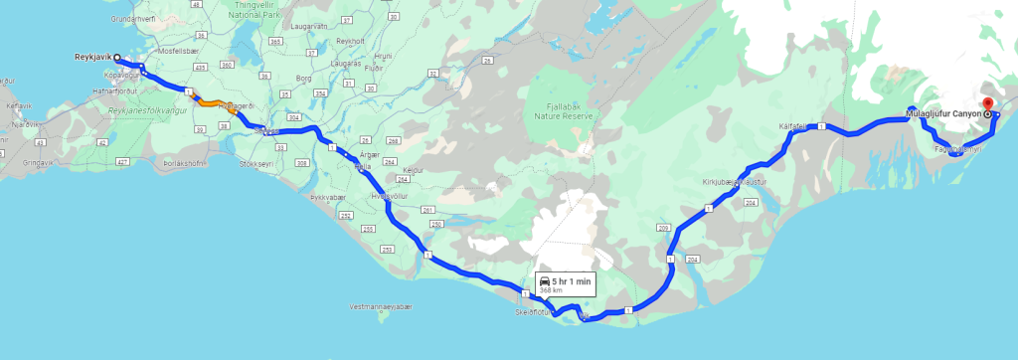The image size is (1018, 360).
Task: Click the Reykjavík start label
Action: (95, 57)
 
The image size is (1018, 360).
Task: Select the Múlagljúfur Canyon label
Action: (943, 115)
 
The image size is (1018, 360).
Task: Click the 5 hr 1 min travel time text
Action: (572, 282)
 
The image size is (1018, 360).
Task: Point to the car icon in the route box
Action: (546, 282)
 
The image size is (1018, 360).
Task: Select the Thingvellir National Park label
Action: (256, 11)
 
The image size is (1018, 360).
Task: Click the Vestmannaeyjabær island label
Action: (382, 307)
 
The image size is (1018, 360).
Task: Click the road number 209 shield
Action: (663, 229)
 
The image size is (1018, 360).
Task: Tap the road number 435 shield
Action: (200, 66)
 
